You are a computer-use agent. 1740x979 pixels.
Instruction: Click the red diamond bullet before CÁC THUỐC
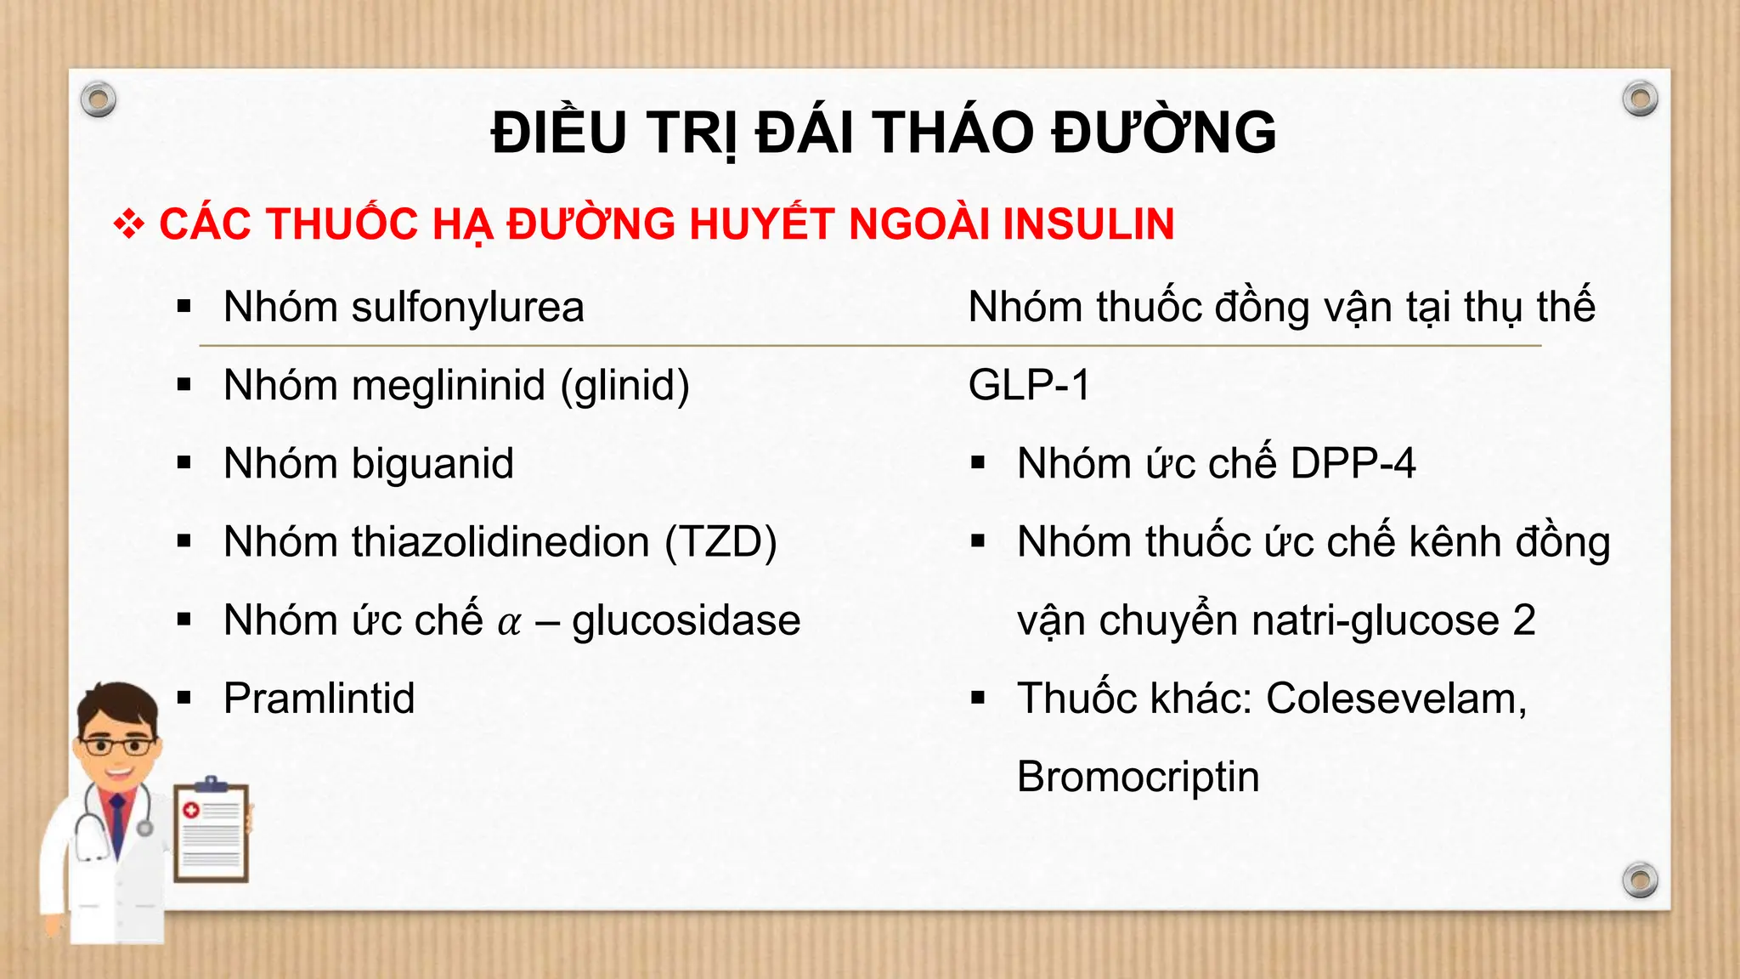(x=128, y=224)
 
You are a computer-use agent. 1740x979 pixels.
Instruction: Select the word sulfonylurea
(x=467, y=307)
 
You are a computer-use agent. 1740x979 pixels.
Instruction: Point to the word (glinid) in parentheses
(x=624, y=386)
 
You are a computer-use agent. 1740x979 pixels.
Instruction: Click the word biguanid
(x=432, y=464)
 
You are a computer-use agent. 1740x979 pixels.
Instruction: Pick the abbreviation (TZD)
(x=720, y=542)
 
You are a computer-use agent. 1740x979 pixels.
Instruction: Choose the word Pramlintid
(x=319, y=699)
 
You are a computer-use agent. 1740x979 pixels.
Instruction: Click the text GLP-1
(x=1029, y=386)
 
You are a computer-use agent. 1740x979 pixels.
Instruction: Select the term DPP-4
(x=1353, y=464)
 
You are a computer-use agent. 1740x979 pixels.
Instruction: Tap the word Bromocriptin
(x=1138, y=777)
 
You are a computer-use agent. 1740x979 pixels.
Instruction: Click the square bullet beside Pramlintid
(x=184, y=699)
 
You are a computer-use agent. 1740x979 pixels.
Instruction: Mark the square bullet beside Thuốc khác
(x=978, y=699)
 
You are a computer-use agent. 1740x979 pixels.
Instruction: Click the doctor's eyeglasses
(x=117, y=747)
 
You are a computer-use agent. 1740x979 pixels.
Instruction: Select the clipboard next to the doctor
(x=212, y=831)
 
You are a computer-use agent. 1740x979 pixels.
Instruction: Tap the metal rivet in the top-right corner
(x=1640, y=99)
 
